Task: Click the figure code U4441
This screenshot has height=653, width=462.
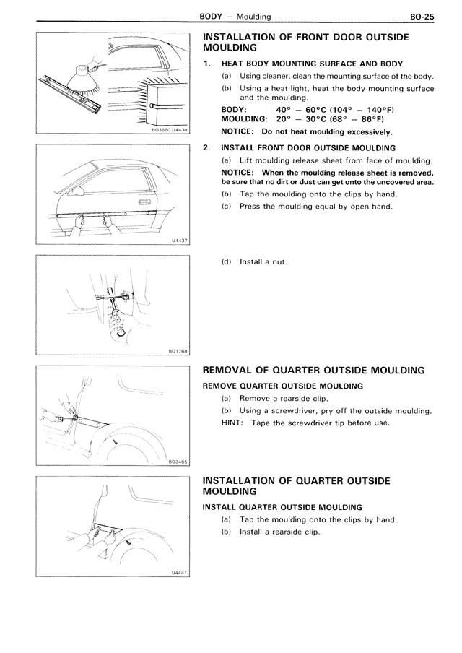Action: pos(177,573)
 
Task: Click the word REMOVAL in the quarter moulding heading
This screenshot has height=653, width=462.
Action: pos(233,371)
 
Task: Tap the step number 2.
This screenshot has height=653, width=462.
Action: pos(206,147)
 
